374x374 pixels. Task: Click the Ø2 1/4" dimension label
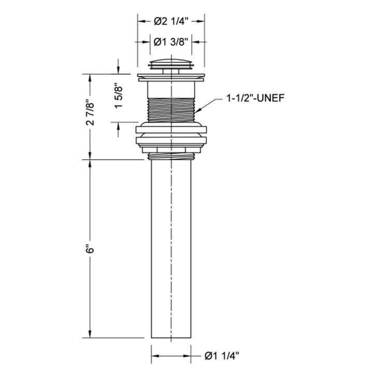[171, 21]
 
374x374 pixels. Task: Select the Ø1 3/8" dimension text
[171, 41]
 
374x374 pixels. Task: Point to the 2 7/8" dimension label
[91, 116]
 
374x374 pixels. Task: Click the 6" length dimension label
[91, 249]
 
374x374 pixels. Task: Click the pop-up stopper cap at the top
[171, 64]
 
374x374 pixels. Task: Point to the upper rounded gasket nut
[171, 130]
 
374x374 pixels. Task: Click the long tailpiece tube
[171, 249]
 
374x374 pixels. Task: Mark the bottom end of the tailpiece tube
[171, 337]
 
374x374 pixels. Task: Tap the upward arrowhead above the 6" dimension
[91, 162]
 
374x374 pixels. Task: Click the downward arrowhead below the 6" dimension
[91, 336]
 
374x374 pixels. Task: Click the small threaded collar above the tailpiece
[171, 154]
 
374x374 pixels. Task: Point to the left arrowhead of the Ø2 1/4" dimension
[140, 21]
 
